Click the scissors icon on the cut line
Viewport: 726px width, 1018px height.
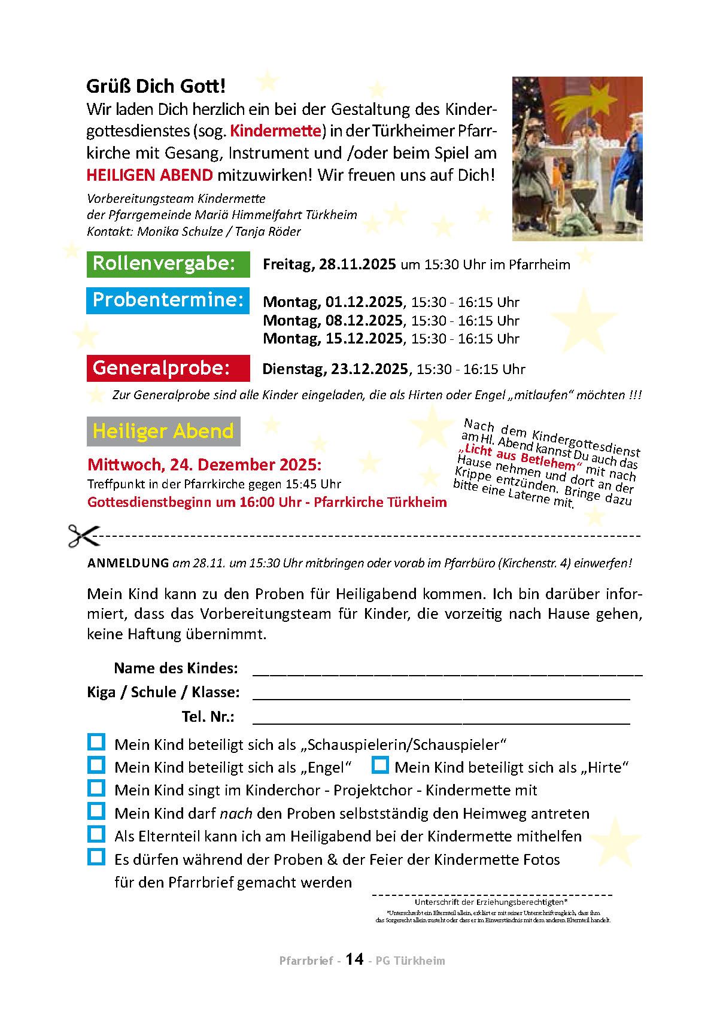83,536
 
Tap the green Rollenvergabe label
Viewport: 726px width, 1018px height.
168,264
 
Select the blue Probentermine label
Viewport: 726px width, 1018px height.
168,300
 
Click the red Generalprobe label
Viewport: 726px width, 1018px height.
168,368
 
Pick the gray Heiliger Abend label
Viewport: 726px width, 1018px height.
163,431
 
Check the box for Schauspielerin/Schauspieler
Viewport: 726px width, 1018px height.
96,743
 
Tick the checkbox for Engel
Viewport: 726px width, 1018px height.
96,765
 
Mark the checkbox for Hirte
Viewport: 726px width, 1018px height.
381,765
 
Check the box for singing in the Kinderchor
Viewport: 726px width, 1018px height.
96,788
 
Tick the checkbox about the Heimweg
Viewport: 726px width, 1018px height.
96,812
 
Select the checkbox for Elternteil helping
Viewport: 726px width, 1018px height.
96,834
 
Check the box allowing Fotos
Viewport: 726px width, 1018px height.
96,857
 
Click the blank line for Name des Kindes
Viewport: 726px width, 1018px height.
447,671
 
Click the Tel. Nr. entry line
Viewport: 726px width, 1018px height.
441,720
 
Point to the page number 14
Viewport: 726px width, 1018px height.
354,959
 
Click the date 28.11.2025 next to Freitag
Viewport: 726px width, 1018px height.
357,265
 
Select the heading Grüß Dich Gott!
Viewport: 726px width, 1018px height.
156,86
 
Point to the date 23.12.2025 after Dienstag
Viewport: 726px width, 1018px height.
369,369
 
